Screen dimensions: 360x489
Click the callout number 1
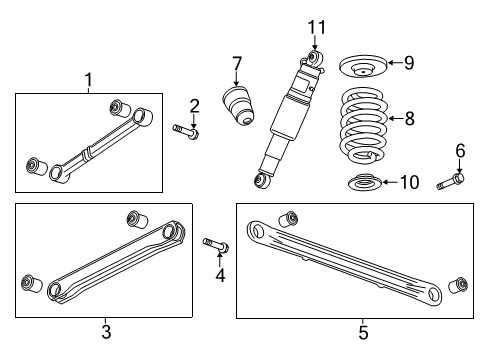(x=89, y=79)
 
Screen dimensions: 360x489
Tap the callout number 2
(x=196, y=106)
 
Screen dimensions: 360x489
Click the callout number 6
(x=460, y=151)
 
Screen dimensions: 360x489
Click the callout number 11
(x=316, y=26)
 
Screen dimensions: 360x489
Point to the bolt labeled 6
(x=449, y=182)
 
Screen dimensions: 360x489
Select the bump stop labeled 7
(x=237, y=104)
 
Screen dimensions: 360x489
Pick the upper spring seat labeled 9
(x=364, y=69)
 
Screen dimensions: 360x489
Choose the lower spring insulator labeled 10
(x=367, y=185)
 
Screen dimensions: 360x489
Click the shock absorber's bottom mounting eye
(x=262, y=180)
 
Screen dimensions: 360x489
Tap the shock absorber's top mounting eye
(x=313, y=58)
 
